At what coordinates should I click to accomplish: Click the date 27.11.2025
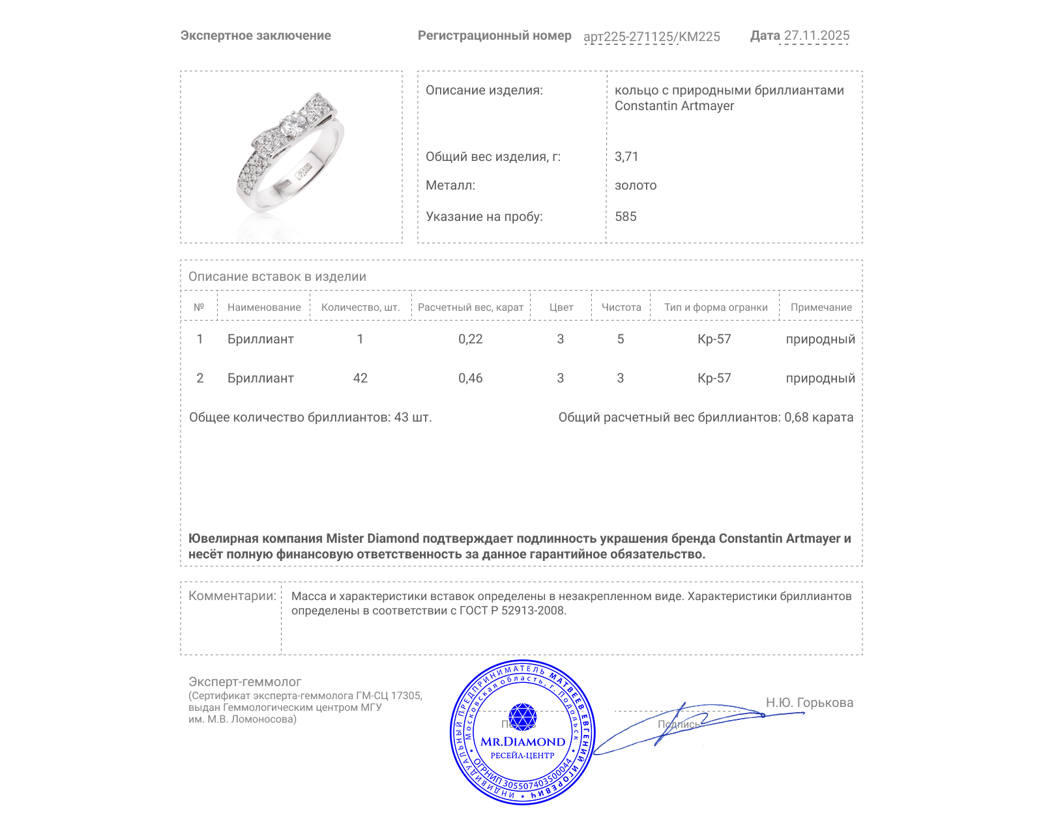(816, 36)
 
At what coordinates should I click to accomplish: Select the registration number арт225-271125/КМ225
(651, 36)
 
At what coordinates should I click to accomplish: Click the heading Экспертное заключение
(256, 36)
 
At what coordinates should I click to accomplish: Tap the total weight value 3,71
(626, 156)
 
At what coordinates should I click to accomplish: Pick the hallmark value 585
(625, 216)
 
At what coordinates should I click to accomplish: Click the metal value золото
(636, 185)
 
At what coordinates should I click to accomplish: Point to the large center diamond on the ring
(293, 124)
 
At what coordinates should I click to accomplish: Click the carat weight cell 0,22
(470, 339)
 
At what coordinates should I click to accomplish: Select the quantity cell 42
(360, 378)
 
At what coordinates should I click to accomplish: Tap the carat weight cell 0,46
(470, 378)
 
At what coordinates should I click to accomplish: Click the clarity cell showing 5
(621, 339)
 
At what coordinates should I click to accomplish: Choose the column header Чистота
(621, 308)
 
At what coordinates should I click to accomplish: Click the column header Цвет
(561, 308)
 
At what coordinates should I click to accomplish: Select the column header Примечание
(821, 308)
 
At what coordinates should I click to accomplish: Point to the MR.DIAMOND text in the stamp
(523, 741)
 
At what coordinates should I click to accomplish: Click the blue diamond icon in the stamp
(522, 717)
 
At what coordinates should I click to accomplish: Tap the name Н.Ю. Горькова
(809, 702)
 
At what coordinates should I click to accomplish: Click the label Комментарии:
(232, 596)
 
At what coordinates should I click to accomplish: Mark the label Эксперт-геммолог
(244, 682)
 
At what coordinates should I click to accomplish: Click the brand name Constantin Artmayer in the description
(674, 106)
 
